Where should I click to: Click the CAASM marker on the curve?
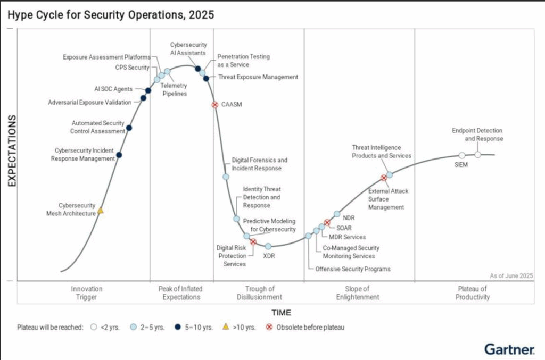click(215, 105)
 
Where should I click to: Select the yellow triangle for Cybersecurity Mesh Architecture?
click(101, 211)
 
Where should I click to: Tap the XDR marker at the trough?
click(268, 247)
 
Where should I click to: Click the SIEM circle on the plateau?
click(462, 155)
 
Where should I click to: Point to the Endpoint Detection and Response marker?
click(478, 155)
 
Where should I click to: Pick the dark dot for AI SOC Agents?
click(148, 90)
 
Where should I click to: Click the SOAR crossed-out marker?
click(327, 222)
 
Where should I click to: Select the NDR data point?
click(337, 214)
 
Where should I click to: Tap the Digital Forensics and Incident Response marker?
click(226, 177)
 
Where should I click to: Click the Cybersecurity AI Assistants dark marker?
click(198, 69)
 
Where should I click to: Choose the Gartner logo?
click(509, 349)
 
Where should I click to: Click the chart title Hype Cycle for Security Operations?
click(111, 15)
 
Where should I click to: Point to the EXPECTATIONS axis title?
click(12, 150)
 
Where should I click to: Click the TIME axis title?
click(282, 313)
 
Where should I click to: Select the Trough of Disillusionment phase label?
click(260, 292)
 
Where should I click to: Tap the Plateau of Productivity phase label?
click(473, 292)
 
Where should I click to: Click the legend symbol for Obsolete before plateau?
click(269, 327)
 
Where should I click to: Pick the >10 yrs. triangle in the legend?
click(226, 326)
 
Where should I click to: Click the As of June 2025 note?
click(511, 275)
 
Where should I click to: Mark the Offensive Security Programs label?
click(353, 269)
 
